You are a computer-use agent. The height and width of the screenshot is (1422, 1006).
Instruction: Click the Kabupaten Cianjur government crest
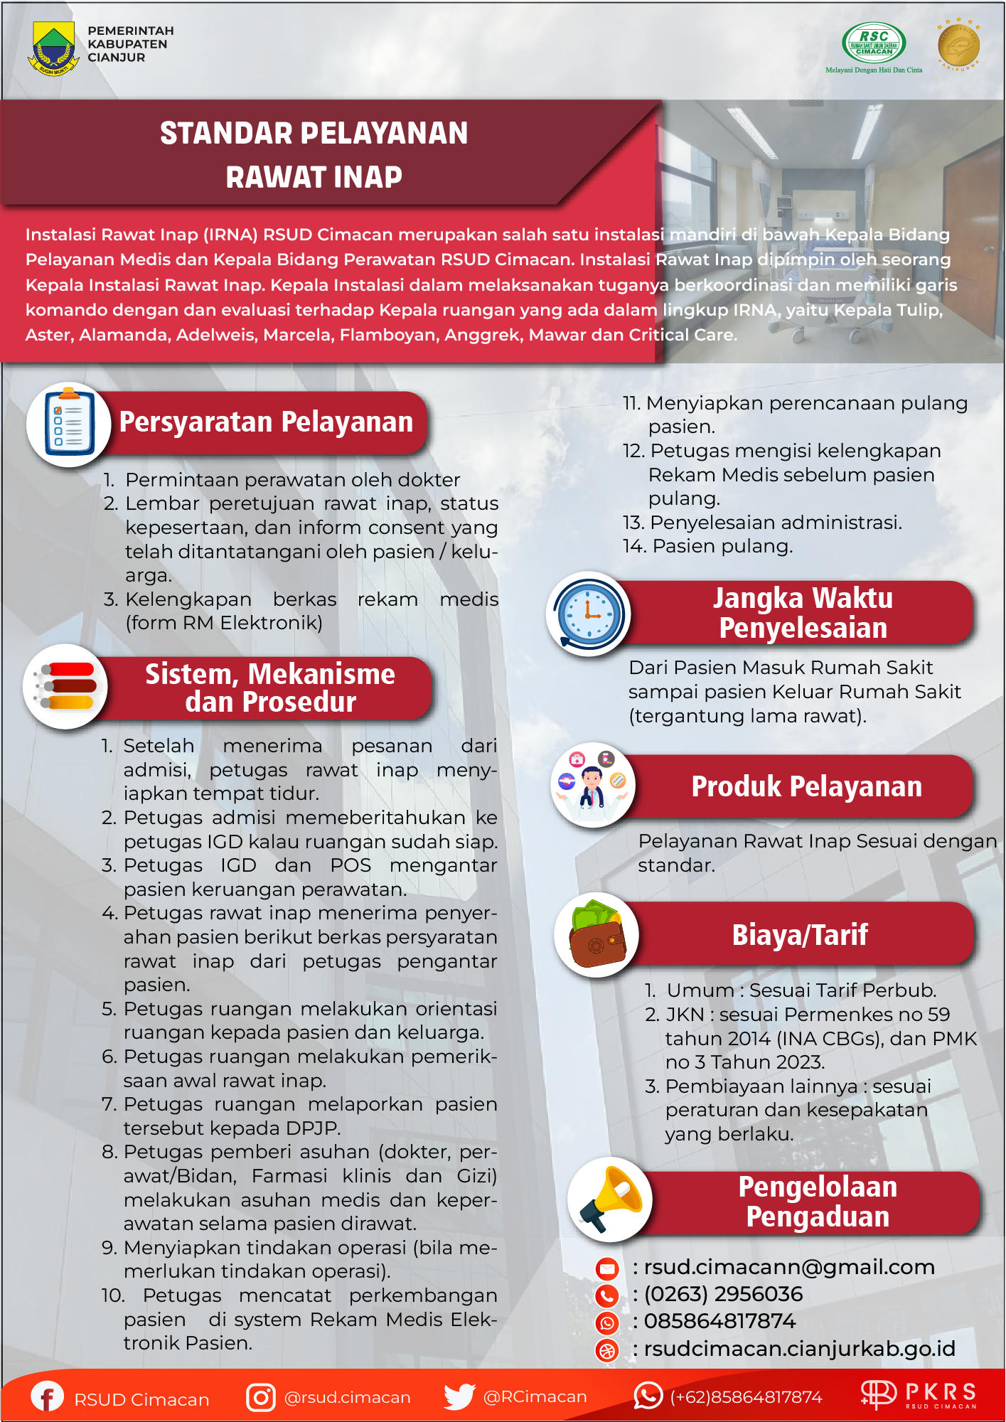[x=53, y=48]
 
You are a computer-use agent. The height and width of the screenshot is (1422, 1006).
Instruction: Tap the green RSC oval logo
[x=874, y=43]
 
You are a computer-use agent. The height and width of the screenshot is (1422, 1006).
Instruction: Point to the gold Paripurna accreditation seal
[x=958, y=45]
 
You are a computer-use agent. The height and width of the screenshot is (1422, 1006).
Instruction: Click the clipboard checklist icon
[x=68, y=424]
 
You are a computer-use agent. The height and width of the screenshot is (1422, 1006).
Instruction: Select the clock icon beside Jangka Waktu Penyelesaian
[x=589, y=614]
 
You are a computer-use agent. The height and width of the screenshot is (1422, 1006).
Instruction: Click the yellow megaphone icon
[x=611, y=1199]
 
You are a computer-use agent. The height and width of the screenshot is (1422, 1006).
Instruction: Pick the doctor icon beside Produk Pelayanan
[x=592, y=786]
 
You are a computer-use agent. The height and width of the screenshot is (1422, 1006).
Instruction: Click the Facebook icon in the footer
[x=47, y=1396]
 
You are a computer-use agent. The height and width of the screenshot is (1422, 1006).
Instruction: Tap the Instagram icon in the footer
[x=261, y=1397]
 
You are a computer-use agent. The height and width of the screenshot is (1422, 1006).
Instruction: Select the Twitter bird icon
[x=459, y=1396]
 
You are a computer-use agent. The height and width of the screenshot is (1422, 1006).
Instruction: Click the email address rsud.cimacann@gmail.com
[x=789, y=1267]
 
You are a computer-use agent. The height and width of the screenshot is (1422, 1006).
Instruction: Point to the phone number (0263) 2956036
[x=723, y=1294]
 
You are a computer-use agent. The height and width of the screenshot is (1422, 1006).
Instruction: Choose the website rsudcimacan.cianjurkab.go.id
[x=799, y=1349]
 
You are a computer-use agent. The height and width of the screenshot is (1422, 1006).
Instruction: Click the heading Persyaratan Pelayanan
[x=266, y=422]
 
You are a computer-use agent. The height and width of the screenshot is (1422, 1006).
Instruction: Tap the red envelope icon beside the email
[x=607, y=1268]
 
